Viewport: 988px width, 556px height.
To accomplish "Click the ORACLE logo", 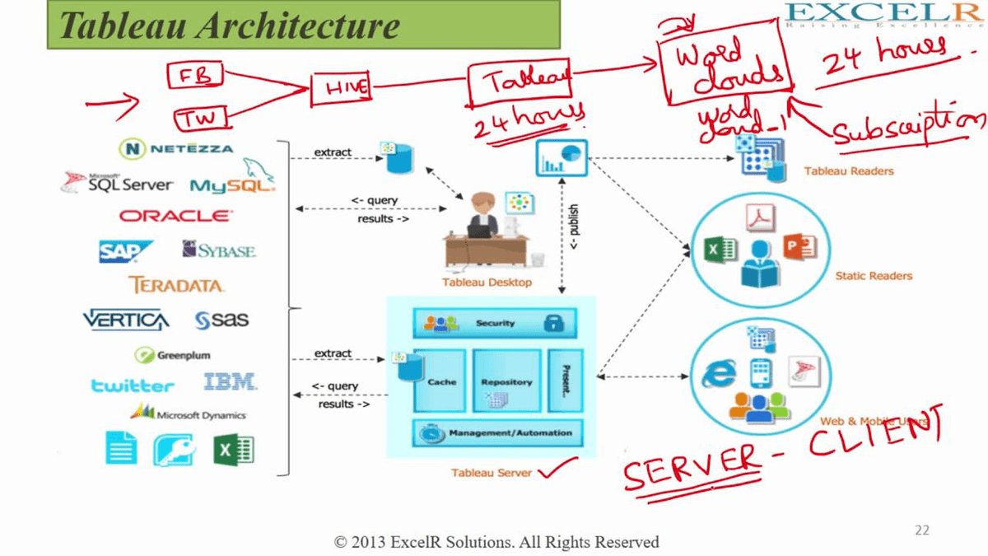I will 175,216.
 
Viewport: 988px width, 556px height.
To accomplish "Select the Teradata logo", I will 176,285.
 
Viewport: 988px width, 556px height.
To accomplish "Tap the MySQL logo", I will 232,183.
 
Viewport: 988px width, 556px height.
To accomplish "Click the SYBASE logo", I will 219,250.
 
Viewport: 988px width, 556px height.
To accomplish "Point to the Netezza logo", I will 176,149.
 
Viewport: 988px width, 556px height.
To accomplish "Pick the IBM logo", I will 230,382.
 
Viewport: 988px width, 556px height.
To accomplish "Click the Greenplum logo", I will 173,355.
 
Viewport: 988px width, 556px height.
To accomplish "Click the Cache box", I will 441,381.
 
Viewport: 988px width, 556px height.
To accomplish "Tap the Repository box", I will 506,381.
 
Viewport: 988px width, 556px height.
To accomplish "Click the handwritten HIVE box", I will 340,88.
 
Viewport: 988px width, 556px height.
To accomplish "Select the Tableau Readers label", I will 848,171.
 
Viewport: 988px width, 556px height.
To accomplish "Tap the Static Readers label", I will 874,276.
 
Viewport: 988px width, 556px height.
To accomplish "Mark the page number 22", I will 922,530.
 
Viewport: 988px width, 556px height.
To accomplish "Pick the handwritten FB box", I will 194,76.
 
